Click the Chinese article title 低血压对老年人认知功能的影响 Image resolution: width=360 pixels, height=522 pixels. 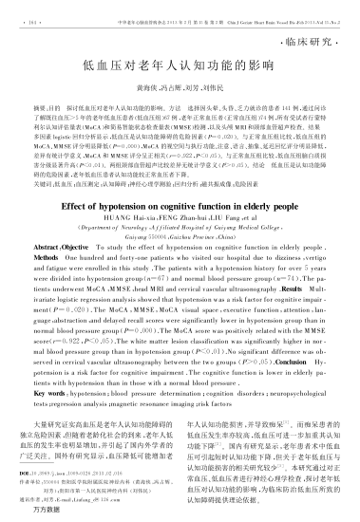coord(180,68)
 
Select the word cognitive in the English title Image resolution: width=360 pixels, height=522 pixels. coord(199,230)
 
